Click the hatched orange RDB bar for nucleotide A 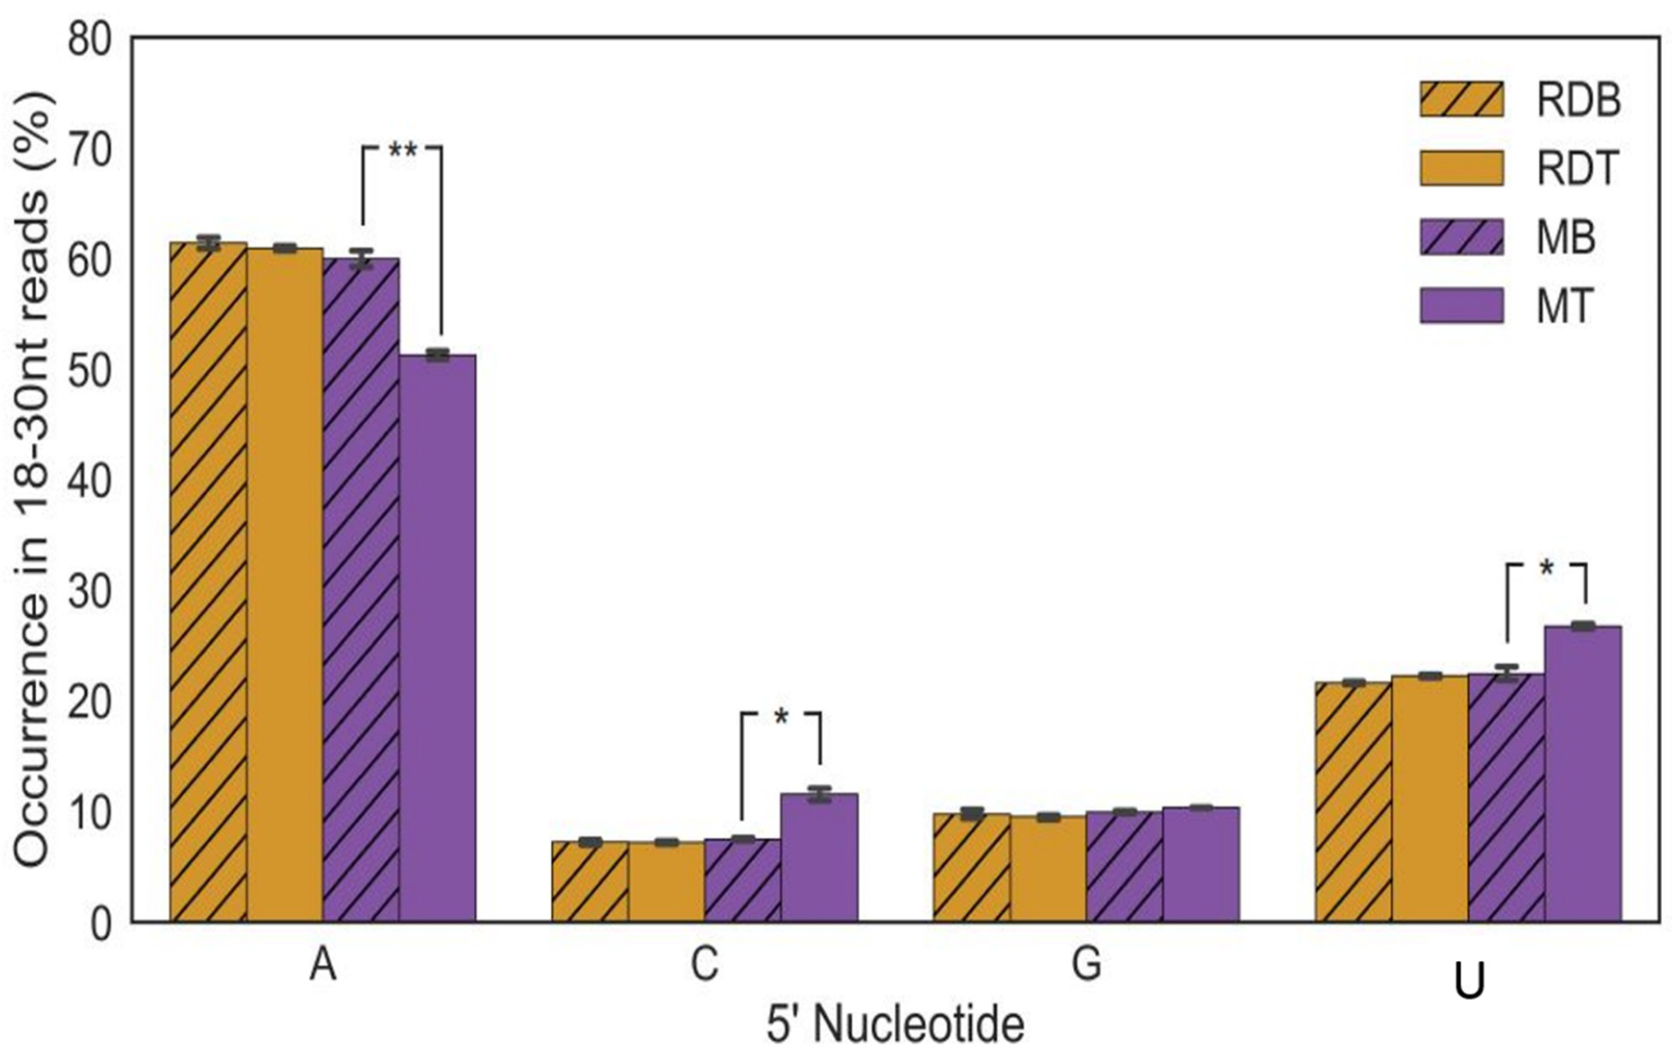209,582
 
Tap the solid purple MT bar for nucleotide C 819,858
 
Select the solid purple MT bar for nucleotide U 1583,774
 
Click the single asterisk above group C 781,717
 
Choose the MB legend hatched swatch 1461,237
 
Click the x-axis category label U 1469,981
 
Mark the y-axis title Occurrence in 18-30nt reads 31,481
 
